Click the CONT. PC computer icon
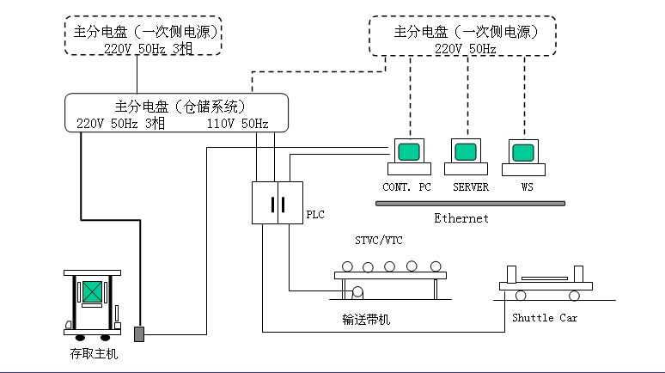pyautogui.click(x=407, y=156)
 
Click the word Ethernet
pyautogui.click(x=461, y=218)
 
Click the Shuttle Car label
pyautogui.click(x=545, y=318)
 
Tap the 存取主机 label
pyautogui.click(x=94, y=353)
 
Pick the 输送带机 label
pyautogui.click(x=366, y=319)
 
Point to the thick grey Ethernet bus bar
pyautogui.click(x=471, y=204)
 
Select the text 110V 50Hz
pyautogui.click(x=237, y=124)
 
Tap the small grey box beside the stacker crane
pyautogui.click(x=140, y=331)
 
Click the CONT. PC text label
pyautogui.click(x=406, y=186)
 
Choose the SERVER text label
pyautogui.click(x=470, y=186)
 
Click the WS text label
pyautogui.click(x=528, y=186)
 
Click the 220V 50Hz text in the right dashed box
pyautogui.click(x=465, y=49)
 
